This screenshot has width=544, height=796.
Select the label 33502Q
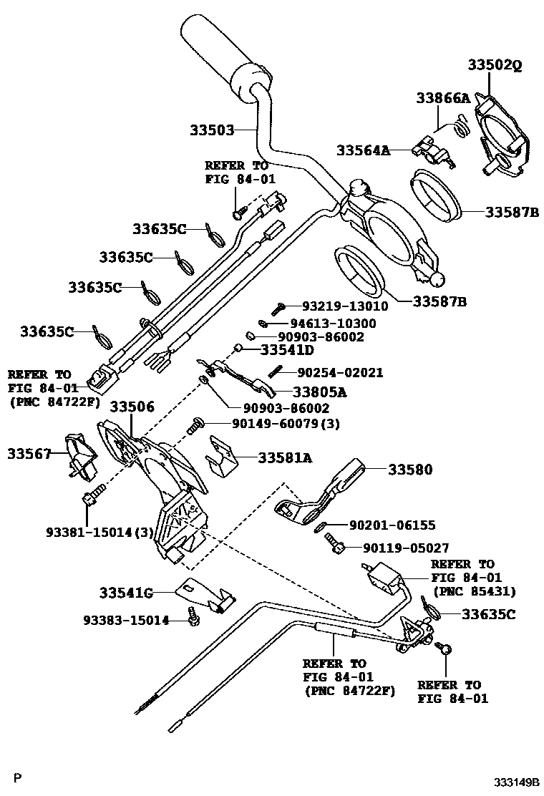pos(495,64)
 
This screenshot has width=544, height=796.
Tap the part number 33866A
pos(443,99)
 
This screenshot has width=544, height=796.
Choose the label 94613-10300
pos(334,324)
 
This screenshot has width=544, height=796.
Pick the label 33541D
pos(287,350)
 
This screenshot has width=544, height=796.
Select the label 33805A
pos(309,392)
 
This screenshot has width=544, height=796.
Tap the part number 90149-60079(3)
pos(286,424)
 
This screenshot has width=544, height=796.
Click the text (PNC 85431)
pos(473,591)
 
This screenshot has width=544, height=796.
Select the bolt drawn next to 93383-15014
pos(192,616)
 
